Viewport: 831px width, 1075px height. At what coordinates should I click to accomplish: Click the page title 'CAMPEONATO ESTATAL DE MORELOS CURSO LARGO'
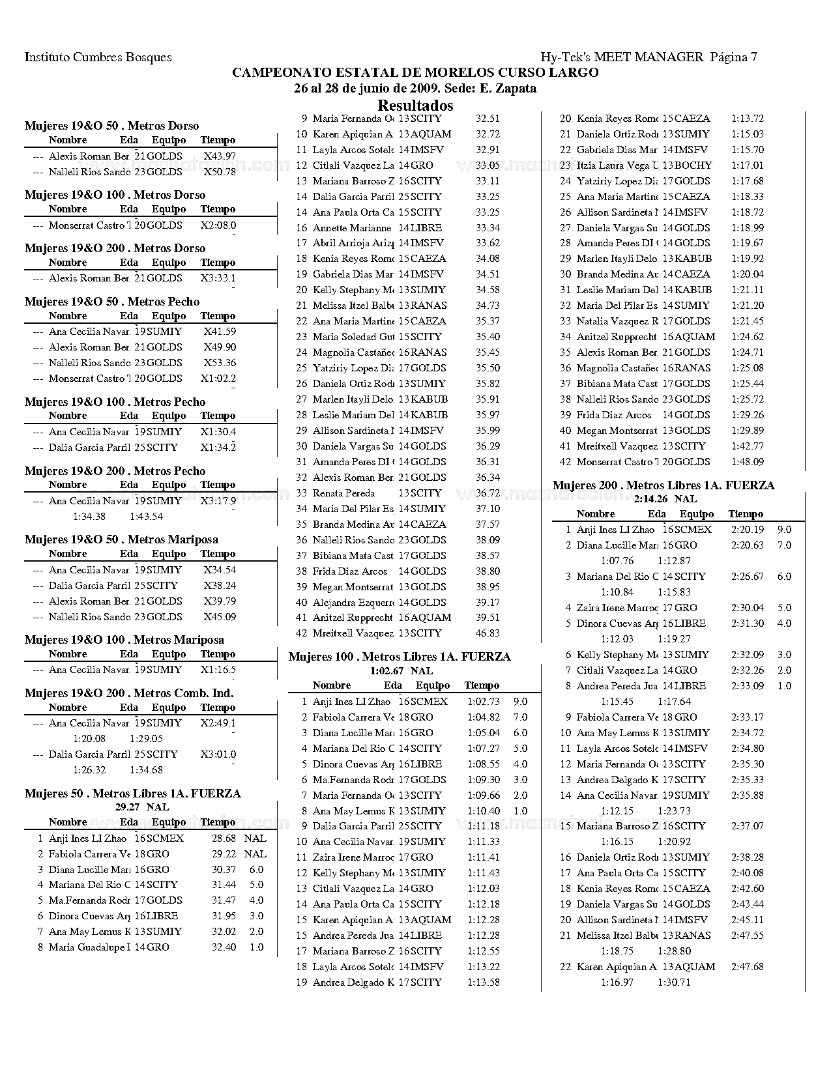[x=415, y=73]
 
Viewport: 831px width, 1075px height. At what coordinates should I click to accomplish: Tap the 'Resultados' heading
[x=415, y=106]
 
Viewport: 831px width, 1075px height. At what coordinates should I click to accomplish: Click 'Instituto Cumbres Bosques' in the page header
[x=98, y=57]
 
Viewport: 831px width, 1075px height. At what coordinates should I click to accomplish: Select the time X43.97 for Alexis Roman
[x=220, y=156]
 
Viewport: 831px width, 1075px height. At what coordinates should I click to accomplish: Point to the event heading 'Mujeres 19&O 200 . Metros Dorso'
[x=115, y=248]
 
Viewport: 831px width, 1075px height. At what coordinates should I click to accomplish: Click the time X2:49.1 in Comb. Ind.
[x=218, y=723]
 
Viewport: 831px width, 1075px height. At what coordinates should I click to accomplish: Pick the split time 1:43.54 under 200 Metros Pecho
[x=146, y=517]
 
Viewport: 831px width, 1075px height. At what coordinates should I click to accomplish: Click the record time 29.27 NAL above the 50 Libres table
[x=142, y=807]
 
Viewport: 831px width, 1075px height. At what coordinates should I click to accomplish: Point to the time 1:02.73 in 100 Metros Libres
[x=484, y=702]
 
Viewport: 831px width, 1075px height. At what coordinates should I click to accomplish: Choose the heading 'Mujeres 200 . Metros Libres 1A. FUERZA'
[x=663, y=485]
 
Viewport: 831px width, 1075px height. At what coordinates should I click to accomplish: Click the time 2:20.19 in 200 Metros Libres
[x=748, y=530]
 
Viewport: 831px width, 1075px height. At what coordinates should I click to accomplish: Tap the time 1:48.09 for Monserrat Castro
[x=748, y=462]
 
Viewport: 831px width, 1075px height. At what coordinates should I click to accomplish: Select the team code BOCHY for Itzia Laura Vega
[x=693, y=165]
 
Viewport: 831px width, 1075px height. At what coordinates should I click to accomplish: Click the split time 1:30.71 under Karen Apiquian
[x=674, y=982]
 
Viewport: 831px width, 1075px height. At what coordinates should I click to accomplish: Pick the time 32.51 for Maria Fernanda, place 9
[x=488, y=119]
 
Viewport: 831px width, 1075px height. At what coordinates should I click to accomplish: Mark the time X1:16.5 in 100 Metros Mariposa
[x=218, y=670]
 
